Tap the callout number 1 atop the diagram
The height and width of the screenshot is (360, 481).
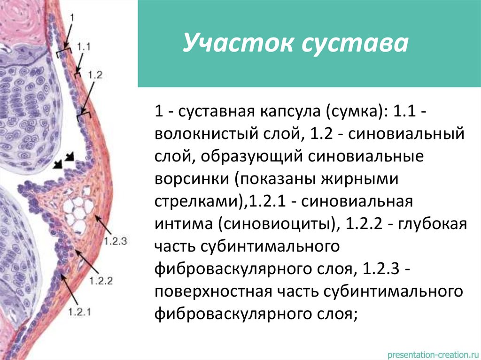(72, 17)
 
